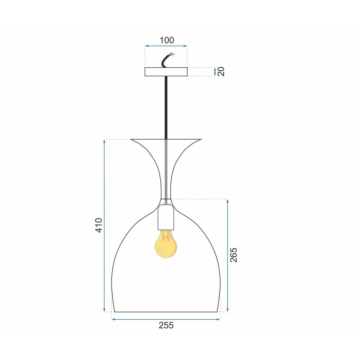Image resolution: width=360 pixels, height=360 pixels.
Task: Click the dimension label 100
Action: (166, 40)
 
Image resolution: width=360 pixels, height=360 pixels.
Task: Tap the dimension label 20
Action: (221, 72)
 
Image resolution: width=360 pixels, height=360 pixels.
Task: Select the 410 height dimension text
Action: (99, 225)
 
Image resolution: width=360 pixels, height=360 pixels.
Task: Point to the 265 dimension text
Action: (234, 255)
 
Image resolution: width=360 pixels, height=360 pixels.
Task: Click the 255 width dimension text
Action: (166, 325)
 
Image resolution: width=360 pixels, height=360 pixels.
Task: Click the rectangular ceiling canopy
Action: (166, 72)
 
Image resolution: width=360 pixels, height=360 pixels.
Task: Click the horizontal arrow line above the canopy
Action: (166, 46)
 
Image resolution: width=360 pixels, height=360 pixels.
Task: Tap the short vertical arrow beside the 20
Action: (215, 72)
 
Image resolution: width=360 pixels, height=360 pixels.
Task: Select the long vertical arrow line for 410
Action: (104, 225)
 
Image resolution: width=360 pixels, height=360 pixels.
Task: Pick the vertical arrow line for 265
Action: (228, 255)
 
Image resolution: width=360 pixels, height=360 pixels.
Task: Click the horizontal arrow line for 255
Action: (166, 319)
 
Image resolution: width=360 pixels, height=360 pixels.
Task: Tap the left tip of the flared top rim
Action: (131, 139)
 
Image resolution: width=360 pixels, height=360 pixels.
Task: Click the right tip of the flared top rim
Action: (201, 139)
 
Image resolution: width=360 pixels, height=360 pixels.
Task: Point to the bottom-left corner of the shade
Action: (114, 312)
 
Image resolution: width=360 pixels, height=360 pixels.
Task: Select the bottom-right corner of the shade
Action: (217, 312)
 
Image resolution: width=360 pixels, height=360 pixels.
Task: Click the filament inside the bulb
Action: (166, 236)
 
